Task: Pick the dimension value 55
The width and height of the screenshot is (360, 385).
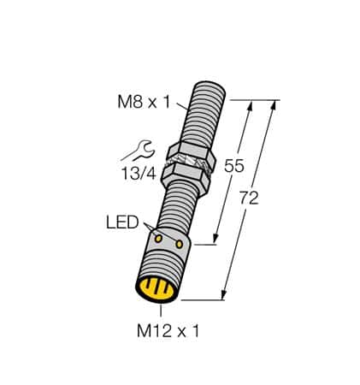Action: [233, 168]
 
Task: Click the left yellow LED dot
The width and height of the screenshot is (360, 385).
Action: [156, 236]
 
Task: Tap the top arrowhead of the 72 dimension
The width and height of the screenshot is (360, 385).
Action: [277, 104]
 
